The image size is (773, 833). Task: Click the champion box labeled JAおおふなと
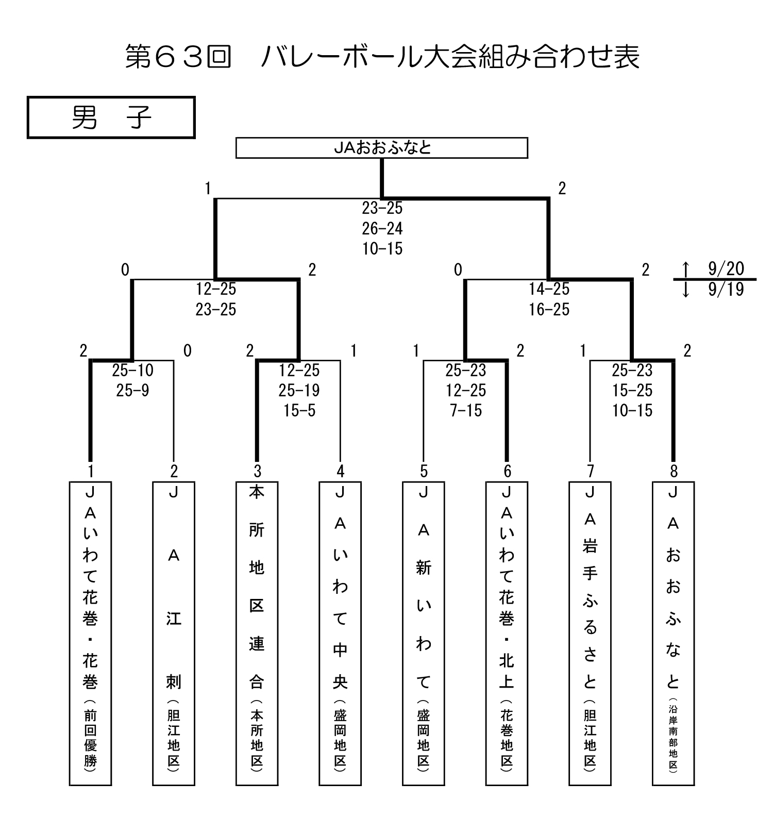pos(381,148)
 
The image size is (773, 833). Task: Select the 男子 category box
pos(111,118)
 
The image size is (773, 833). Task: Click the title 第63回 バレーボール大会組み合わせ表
pos(382,57)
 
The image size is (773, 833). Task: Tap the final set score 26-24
pos(382,228)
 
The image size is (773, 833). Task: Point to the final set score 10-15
pos(382,248)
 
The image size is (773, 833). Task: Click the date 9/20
pos(726,269)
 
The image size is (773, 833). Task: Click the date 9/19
pos(726,289)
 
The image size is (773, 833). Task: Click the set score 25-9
pos(132,390)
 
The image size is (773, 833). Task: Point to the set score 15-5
pos(299,410)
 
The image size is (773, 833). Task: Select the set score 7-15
pos(466,410)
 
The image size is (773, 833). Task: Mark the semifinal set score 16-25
pos(549,309)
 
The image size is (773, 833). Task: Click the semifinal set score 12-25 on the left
pos(216,289)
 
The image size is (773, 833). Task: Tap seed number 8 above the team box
pos(673,471)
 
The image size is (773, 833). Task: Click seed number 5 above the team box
pos(424,471)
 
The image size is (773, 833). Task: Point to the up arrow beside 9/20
pos(685,269)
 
